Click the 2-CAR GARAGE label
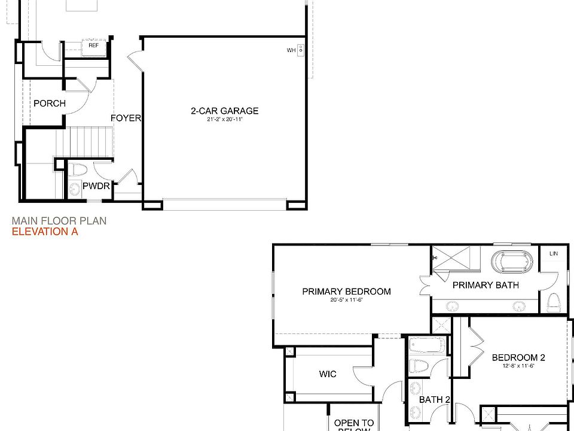click(224, 111)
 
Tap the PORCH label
click(50, 104)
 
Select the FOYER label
click(126, 118)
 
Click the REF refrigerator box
click(94, 45)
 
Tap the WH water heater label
click(291, 50)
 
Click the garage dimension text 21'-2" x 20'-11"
click(224, 120)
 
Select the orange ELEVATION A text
click(45, 232)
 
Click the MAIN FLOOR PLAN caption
click(59, 220)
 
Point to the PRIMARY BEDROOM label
click(346, 292)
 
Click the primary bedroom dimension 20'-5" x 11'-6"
click(346, 300)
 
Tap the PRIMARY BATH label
click(486, 285)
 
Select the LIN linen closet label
click(554, 254)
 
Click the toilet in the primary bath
click(553, 302)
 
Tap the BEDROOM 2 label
click(518, 358)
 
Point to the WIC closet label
click(328, 374)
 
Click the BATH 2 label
click(434, 399)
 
